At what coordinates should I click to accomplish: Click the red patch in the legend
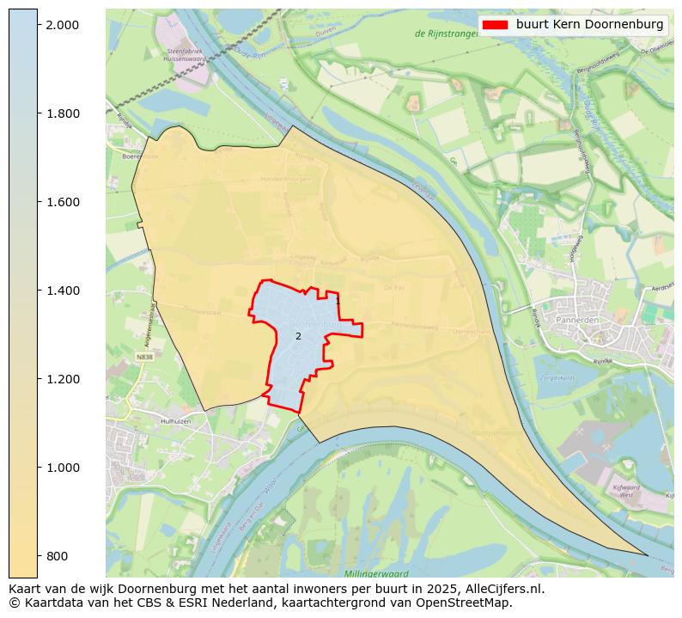pos(496,25)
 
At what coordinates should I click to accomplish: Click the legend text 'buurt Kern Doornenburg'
pos(589,25)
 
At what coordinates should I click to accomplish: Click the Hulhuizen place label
pos(155,422)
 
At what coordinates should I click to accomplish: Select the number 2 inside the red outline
pos(298,336)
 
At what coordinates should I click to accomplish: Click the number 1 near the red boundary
pos(338,302)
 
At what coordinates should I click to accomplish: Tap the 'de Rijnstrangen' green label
pos(445,34)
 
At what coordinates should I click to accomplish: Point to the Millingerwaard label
pos(376,573)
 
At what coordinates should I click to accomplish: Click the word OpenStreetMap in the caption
pos(468,603)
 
